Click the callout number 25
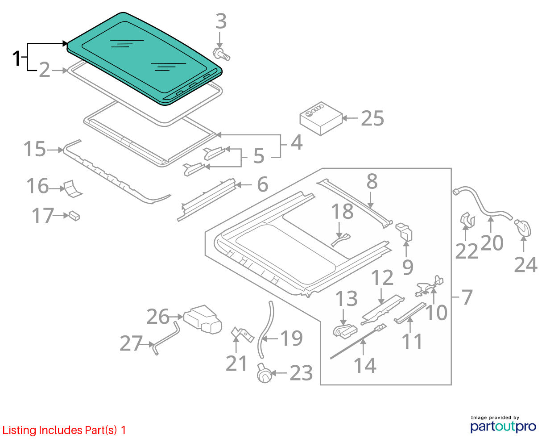pyautogui.click(x=372, y=118)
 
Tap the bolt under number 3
pyautogui.click(x=221, y=54)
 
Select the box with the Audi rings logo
pyautogui.click(x=321, y=118)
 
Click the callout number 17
pyautogui.click(x=43, y=215)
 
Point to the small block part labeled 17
pyautogui.click(x=74, y=216)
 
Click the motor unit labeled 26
pyautogui.click(x=203, y=319)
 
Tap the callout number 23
pyautogui.click(x=301, y=373)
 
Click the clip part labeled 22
pyautogui.click(x=467, y=221)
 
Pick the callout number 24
pyautogui.click(x=525, y=265)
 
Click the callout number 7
pyautogui.click(x=467, y=297)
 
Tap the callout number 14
pyautogui.click(x=365, y=365)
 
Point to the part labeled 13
pyautogui.click(x=345, y=330)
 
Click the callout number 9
pyautogui.click(x=408, y=267)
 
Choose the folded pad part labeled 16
pyautogui.click(x=73, y=188)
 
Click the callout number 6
pyautogui.click(x=262, y=184)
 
